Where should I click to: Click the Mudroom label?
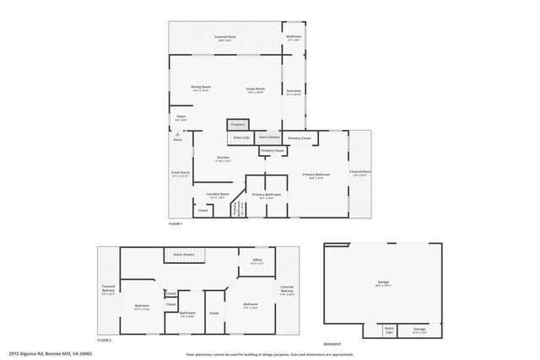click(294, 37)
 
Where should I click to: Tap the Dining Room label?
click(200, 88)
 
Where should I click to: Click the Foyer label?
click(181, 117)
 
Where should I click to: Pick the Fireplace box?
click(238, 124)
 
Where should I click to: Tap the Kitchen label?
click(224, 158)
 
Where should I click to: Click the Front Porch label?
click(181, 175)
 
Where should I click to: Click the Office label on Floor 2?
click(257, 261)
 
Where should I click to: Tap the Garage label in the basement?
click(383, 281)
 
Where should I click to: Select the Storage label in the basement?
click(419, 330)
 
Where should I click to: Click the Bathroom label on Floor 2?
click(187, 313)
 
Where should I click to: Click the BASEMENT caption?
click(332, 343)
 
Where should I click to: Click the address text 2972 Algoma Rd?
click(51, 354)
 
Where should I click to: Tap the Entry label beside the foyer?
click(178, 139)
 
